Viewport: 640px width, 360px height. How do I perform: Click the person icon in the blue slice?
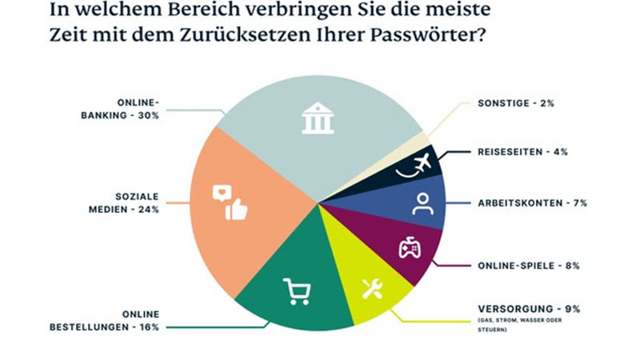coord(422,204)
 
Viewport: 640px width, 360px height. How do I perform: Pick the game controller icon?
coord(410,248)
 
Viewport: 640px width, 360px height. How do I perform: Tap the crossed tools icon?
coord(372,288)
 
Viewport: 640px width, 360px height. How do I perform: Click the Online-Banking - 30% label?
coord(138,110)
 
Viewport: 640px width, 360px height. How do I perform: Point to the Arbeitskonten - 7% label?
coord(532,203)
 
